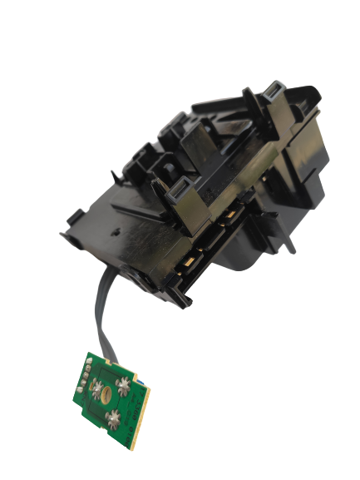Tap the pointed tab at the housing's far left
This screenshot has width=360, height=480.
tap(66, 235)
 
